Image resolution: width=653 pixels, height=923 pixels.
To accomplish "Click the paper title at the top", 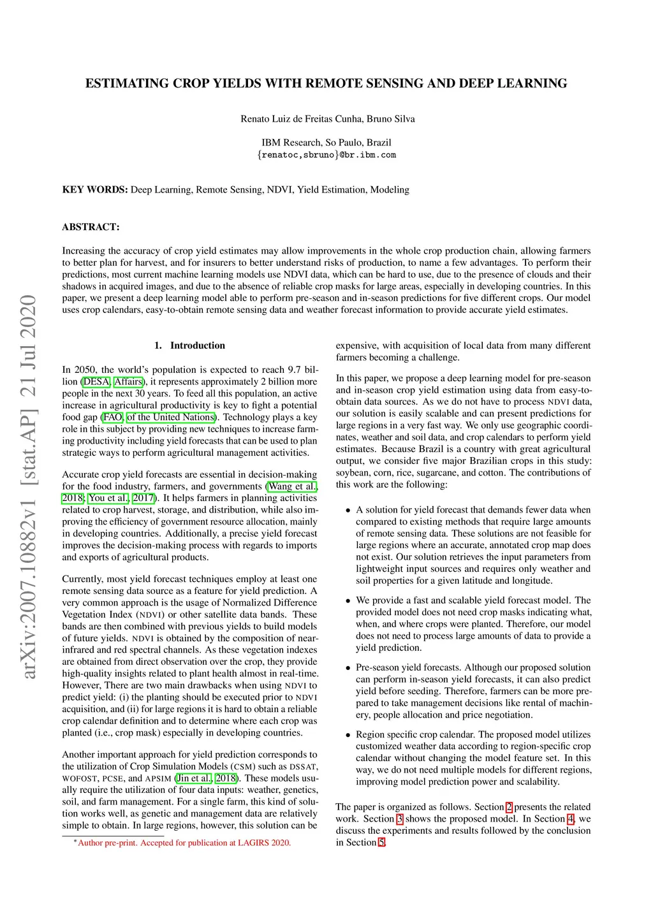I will pyautogui.click(x=326, y=84).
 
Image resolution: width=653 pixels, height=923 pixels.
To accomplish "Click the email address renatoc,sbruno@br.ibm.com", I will pyautogui.click(x=326, y=155).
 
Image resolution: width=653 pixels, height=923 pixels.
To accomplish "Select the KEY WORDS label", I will pyautogui.click(x=95, y=189).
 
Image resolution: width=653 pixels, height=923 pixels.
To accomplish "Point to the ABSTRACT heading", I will pyautogui.click(x=91, y=227).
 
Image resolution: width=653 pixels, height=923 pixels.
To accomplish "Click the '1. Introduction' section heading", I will pyautogui.click(x=189, y=345).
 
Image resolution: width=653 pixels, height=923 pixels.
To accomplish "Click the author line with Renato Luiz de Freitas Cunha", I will pyautogui.click(x=327, y=119).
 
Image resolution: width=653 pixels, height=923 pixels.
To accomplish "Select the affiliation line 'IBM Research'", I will pyautogui.click(x=326, y=143).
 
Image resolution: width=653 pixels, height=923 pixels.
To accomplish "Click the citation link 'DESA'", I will pyautogui.click(x=96, y=382).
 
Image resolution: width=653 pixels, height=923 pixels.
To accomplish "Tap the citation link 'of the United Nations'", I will pyautogui.click(x=171, y=418).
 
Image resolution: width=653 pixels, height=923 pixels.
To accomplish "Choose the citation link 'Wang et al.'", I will pyautogui.click(x=291, y=486).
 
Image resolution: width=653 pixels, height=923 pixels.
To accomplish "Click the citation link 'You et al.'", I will pyautogui.click(x=108, y=498).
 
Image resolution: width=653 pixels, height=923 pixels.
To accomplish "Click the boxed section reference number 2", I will pyautogui.click(x=509, y=807).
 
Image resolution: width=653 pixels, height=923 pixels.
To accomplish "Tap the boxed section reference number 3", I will pyautogui.click(x=400, y=819).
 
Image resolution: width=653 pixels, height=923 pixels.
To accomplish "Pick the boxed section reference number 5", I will pyautogui.click(x=381, y=843).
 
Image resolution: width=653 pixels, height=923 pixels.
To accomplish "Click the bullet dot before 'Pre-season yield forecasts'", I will pyautogui.click(x=348, y=668).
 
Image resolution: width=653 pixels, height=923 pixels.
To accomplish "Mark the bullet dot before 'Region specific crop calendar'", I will pyautogui.click(x=348, y=735).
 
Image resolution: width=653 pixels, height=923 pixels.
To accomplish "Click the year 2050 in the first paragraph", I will pyautogui.click(x=85, y=370).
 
